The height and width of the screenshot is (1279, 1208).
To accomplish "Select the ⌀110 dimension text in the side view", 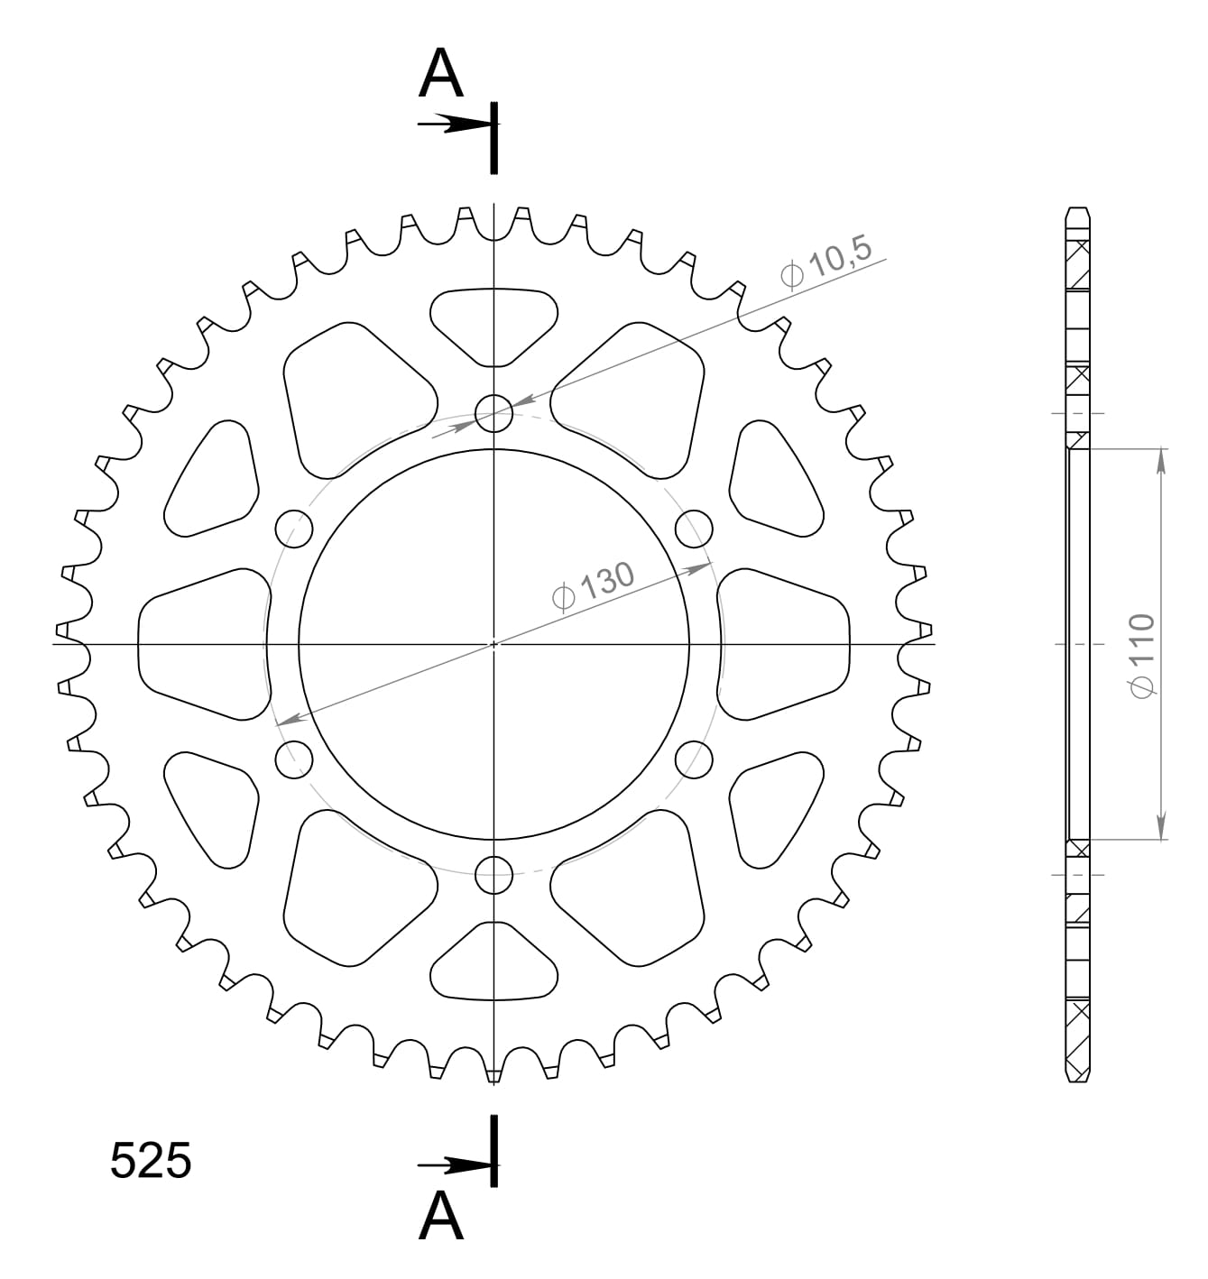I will point(1142,655).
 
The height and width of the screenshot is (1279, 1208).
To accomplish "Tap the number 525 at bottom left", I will point(151,1161).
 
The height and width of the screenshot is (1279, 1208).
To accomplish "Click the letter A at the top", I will point(441,74).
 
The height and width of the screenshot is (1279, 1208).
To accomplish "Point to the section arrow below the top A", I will point(454,124).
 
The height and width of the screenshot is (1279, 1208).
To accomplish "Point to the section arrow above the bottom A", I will point(454,1166).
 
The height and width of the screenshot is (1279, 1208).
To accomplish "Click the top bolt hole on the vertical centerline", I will point(493,414).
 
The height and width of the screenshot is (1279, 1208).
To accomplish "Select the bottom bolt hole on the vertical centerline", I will point(493,873).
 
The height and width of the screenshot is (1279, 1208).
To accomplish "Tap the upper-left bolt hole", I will point(293,529).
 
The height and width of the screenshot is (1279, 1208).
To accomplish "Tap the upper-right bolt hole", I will point(694,529).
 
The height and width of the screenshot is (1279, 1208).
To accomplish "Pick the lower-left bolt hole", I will point(293,759).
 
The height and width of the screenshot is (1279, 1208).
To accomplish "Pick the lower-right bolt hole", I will point(694,759).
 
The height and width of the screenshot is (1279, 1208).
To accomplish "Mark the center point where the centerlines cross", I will point(493,644).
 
